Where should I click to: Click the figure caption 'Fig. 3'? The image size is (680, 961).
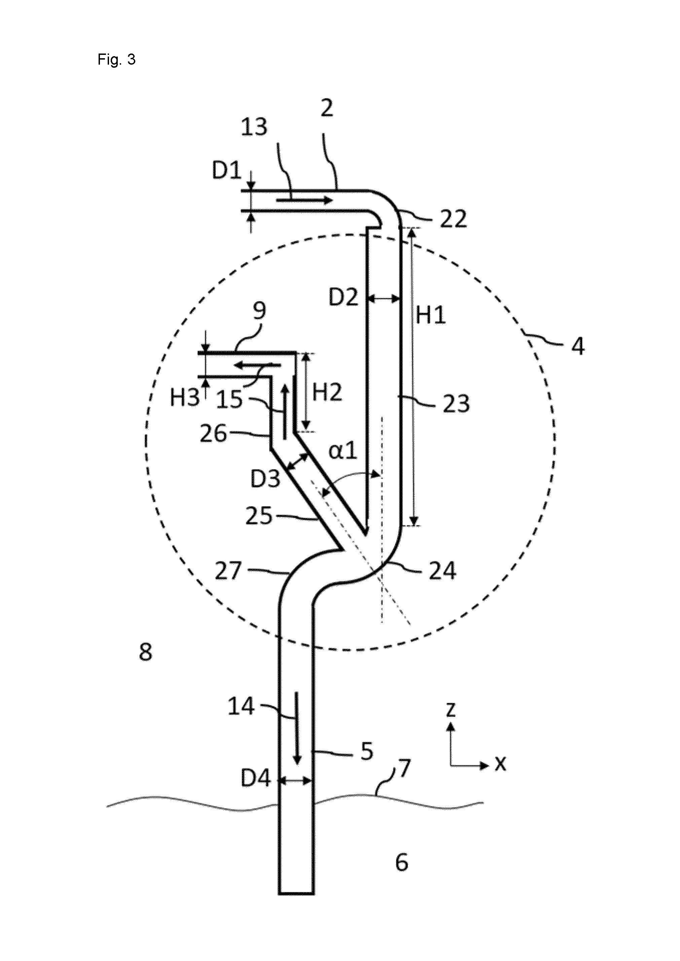(116, 60)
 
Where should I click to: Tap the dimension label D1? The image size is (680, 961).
(227, 171)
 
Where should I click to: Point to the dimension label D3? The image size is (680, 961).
(265, 479)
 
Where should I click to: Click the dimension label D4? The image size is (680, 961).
(256, 779)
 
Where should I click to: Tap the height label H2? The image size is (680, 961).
(327, 393)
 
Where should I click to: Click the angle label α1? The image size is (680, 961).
(343, 451)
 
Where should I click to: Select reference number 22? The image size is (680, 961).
(453, 219)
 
